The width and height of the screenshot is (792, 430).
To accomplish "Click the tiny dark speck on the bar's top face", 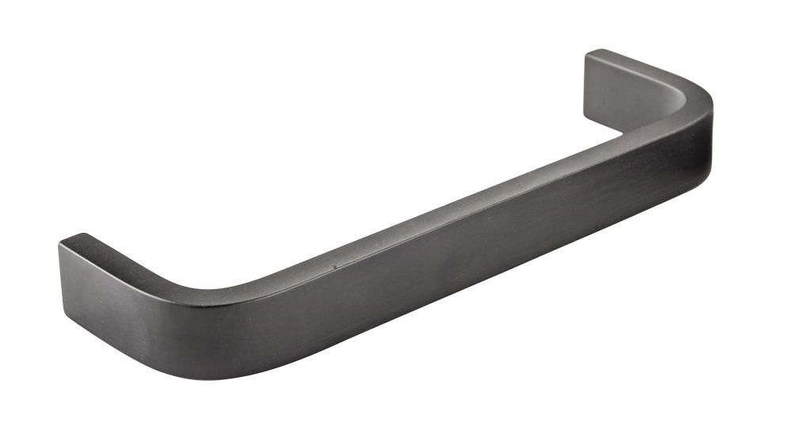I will (x=334, y=267).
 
